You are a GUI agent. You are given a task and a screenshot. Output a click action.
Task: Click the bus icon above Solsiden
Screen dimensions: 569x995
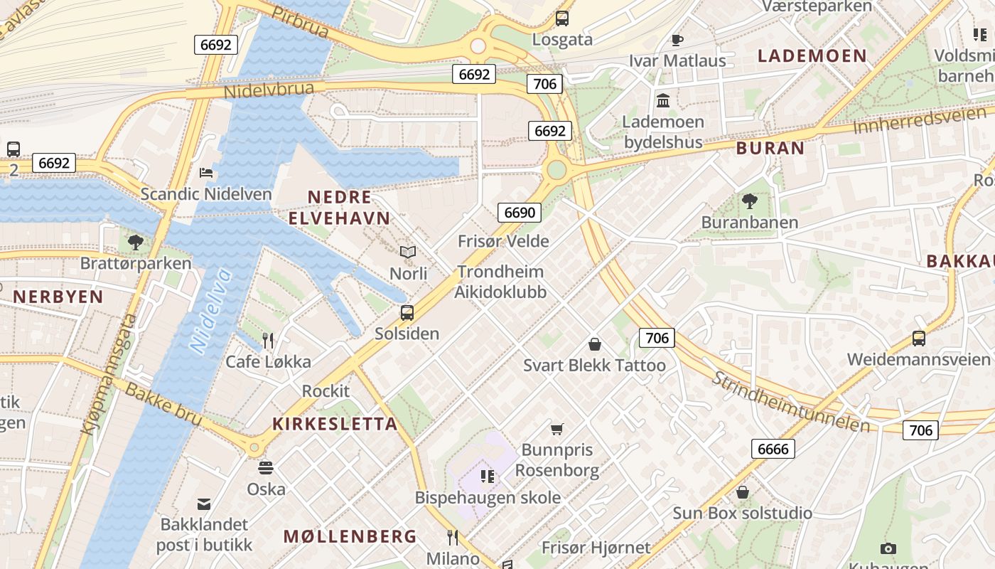pos(407,312)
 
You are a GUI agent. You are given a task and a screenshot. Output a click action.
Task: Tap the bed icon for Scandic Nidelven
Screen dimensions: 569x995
pos(206,173)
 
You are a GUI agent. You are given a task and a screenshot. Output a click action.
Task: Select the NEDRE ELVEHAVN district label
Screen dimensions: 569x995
pos(339,207)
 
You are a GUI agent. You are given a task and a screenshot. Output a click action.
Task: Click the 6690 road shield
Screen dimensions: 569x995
pos(519,212)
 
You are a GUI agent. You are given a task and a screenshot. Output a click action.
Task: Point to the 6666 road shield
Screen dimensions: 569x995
pos(773,449)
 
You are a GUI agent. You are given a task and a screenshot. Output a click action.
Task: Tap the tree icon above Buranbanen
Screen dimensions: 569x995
pos(749,201)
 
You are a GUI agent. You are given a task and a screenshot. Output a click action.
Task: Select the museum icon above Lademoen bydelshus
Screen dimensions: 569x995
pos(663,100)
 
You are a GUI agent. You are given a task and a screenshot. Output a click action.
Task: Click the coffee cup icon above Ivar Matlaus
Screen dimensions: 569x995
pos(677,40)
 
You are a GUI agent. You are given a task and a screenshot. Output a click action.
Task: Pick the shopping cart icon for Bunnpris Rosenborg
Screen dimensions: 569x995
pos(557,429)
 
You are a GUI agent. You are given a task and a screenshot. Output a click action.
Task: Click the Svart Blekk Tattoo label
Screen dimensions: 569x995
pos(594,366)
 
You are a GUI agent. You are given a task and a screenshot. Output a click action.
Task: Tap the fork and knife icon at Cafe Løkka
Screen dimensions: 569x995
pos(268,341)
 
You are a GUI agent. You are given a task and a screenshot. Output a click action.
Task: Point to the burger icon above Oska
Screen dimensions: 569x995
pos(266,468)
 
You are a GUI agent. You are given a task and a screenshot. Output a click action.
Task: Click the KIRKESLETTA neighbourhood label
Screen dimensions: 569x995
pos(335,424)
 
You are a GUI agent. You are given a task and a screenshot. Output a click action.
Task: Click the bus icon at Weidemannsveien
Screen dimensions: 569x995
pos(919,339)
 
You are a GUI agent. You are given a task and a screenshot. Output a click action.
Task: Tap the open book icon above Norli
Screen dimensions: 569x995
pos(408,252)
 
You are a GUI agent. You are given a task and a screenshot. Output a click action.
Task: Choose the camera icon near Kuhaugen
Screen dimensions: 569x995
pos(888,548)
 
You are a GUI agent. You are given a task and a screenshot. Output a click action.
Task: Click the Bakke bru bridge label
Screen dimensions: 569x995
pos(163,405)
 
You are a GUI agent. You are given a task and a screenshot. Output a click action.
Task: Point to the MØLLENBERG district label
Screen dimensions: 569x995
pos(350,536)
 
